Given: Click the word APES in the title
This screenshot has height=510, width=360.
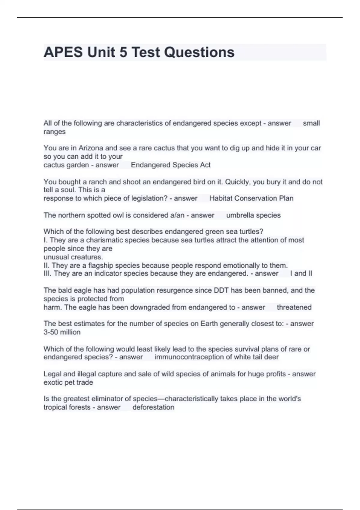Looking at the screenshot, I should pyautogui.click(x=63, y=52).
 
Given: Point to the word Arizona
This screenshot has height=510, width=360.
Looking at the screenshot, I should pyautogui.click(x=91, y=148).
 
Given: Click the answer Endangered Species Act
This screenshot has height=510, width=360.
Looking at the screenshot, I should pyautogui.click(x=171, y=165).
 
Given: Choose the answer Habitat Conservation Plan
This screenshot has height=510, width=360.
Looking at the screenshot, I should pyautogui.click(x=251, y=198).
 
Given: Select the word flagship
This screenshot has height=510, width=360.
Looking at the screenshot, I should pyautogui.click(x=101, y=265).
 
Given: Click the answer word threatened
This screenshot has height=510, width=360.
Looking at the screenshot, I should pyautogui.click(x=294, y=307).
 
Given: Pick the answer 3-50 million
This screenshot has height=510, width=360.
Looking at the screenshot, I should pyautogui.click(x=62, y=332).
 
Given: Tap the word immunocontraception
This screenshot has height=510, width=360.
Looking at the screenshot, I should pyautogui.click(x=193, y=357).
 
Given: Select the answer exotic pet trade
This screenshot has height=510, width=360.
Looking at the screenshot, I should pyautogui.click(x=68, y=382).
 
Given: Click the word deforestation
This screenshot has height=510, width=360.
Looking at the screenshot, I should pyautogui.click(x=153, y=407).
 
